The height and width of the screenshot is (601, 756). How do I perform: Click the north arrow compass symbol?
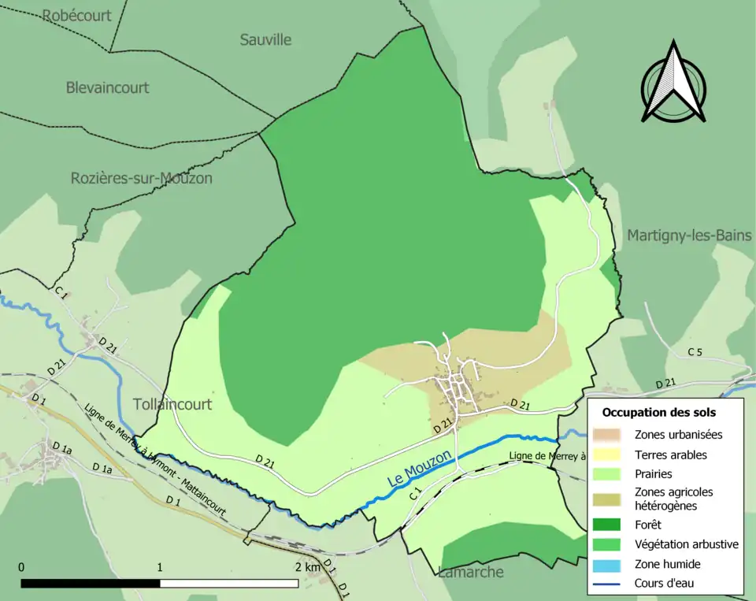pyautogui.click(x=673, y=83)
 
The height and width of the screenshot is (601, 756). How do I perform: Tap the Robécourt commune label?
pyautogui.click(x=77, y=16)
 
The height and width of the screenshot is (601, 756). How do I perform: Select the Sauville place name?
pyautogui.click(x=265, y=39)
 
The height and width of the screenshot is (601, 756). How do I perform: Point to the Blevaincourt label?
pyautogui.click(x=107, y=87)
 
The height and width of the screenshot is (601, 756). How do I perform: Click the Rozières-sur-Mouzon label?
pyautogui.click(x=142, y=178)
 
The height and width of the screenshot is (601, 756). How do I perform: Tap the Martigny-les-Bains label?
pyautogui.click(x=690, y=235)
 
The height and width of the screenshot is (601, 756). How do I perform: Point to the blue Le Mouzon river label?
pyautogui.click(x=420, y=469)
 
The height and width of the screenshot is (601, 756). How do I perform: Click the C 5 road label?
pyautogui.click(x=694, y=352)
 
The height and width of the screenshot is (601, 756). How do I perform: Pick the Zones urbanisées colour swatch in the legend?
pyautogui.click(x=609, y=434)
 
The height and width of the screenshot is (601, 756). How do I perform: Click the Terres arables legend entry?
pyautogui.click(x=670, y=454)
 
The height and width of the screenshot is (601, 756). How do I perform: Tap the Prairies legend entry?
pyautogui.click(x=652, y=475)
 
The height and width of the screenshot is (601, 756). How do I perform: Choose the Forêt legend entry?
pyautogui.click(x=649, y=523)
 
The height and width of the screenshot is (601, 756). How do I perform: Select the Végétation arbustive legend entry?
pyautogui.click(x=686, y=543)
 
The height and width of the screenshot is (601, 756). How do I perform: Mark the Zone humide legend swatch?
pyautogui.click(x=609, y=564)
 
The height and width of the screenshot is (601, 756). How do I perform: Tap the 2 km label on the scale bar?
pyautogui.click(x=308, y=567)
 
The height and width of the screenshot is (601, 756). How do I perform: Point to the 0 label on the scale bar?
pyautogui.click(x=21, y=567)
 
